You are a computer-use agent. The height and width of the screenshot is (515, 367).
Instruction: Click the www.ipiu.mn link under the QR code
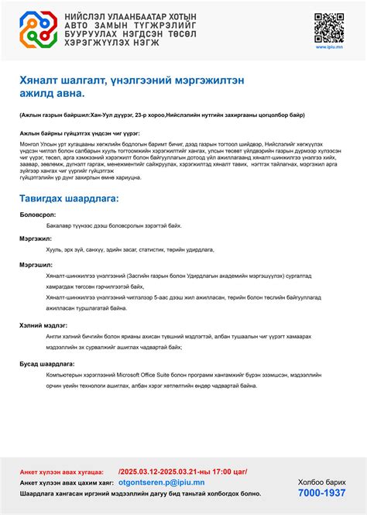point(330,46)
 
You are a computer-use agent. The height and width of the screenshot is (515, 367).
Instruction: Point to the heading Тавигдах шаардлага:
point(70,199)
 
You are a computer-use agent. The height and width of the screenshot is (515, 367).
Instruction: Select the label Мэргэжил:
point(36,239)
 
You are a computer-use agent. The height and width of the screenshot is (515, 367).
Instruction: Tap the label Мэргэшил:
point(36,264)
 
